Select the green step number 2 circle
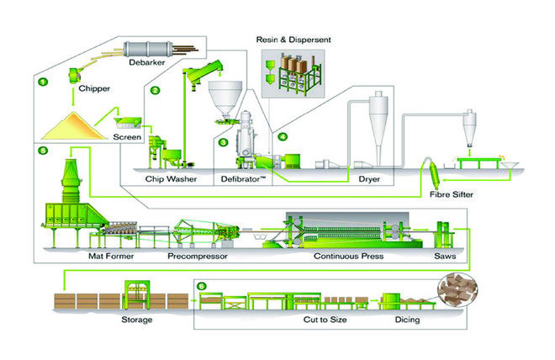(x=155, y=89)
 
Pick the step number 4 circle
(x=283, y=136)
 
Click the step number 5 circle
(x=43, y=152)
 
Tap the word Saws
(x=445, y=255)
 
